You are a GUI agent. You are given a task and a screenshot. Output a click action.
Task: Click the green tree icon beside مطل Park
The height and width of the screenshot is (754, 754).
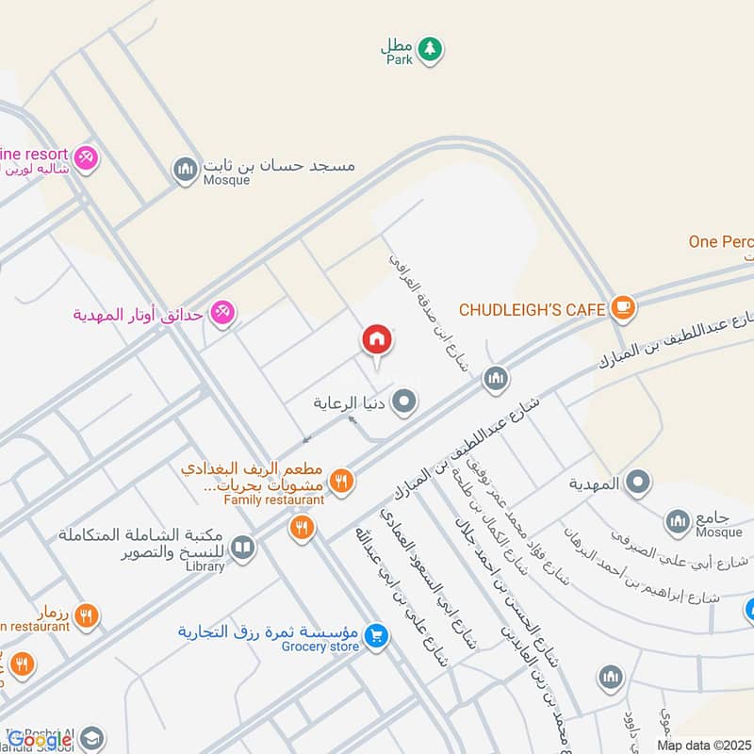click(430, 48)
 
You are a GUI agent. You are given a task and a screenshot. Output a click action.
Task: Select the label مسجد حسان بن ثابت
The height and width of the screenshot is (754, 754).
click(280, 165)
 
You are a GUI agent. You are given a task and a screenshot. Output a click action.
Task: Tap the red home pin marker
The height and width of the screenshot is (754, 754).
click(376, 340)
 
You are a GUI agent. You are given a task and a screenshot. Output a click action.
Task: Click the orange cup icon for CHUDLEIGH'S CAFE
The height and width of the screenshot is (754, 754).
click(621, 307)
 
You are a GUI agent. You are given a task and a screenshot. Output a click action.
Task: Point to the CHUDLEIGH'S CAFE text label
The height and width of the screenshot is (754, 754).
click(533, 308)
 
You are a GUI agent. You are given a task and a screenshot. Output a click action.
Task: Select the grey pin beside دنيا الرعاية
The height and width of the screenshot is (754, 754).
click(405, 402)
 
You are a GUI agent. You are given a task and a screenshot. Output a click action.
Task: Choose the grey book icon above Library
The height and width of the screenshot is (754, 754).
click(243, 548)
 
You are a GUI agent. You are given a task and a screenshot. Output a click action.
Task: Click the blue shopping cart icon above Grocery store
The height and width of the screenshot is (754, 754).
click(376, 637)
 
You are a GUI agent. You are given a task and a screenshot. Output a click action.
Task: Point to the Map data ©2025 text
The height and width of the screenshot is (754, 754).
click(703, 745)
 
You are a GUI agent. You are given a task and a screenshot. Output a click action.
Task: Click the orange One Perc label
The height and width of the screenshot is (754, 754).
click(720, 241)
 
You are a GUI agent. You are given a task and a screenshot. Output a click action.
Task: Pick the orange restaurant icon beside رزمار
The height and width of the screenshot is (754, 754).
click(86, 615)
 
